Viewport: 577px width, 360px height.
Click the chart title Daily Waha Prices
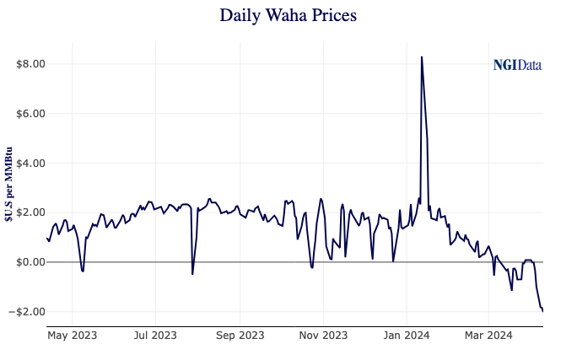coord(288,15)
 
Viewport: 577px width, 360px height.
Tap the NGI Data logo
coord(517,65)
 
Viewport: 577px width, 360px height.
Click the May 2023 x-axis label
coord(73,336)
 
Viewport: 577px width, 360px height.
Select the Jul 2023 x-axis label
coord(155,336)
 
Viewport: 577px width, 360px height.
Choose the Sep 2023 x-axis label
coord(240,336)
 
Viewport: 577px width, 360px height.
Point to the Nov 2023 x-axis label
coord(323,336)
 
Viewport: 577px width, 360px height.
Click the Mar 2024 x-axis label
coord(489,336)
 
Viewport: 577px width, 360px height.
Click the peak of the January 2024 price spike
coord(421,57)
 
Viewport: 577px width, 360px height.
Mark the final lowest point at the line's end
coord(542,311)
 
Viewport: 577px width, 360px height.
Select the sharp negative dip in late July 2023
coord(192,274)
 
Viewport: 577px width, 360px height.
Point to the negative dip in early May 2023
coord(82,271)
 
